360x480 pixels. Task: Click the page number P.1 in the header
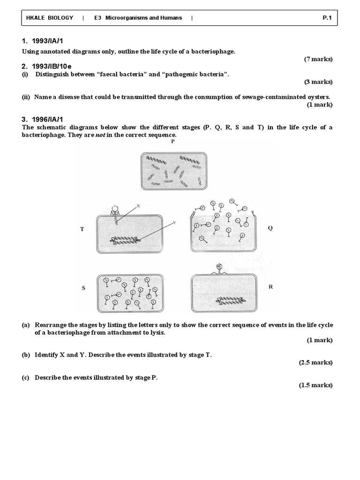point(327,18)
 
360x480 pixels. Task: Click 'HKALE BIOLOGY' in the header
point(50,18)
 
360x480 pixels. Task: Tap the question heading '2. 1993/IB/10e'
point(47,67)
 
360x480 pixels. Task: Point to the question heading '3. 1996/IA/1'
point(42,120)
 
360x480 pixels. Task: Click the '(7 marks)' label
point(318,59)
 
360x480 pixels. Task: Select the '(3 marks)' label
point(318,82)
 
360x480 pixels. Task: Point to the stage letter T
point(82,229)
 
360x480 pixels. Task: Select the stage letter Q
point(270,228)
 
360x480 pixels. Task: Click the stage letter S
point(83,288)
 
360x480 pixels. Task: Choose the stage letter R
point(270,287)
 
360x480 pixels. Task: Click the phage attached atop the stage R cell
point(218,268)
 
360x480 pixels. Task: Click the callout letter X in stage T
point(138,205)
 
